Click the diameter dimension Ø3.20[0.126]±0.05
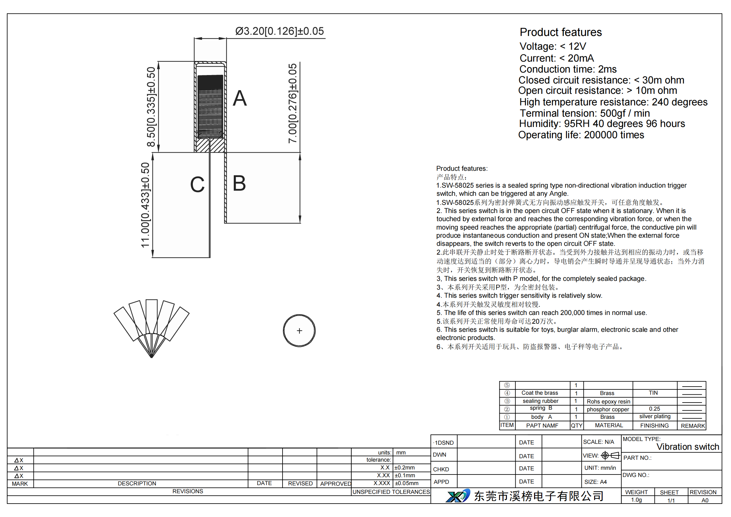(279, 31)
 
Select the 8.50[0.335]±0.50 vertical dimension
(151, 107)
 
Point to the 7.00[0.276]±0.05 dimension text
(292, 104)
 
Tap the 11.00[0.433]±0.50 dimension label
(145, 205)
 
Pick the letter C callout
(197, 185)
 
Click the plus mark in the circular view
(299, 331)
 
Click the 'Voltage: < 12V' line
(553, 47)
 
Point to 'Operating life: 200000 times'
(581, 135)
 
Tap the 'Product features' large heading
(561, 32)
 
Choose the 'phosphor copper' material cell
(608, 409)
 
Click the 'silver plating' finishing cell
(655, 416)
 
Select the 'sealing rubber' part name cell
(540, 401)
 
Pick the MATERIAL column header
(609, 425)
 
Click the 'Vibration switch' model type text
(688, 447)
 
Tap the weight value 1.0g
(636, 500)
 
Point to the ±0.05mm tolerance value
(407, 483)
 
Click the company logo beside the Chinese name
(458, 496)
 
